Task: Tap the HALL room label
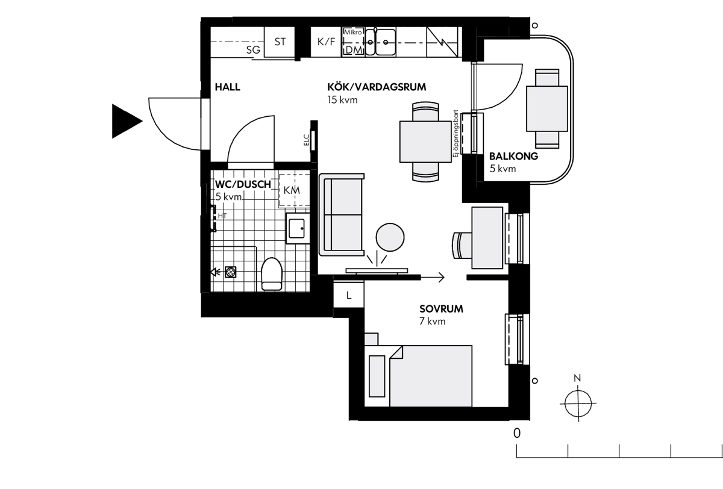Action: (x=228, y=87)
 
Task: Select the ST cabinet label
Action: (x=280, y=42)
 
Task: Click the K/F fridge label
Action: (x=327, y=42)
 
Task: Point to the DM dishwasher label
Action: (x=354, y=50)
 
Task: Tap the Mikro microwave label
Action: (x=353, y=33)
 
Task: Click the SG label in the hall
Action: (x=253, y=49)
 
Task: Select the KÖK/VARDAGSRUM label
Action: (x=377, y=87)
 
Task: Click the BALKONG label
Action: (x=513, y=157)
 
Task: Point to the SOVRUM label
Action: (x=441, y=309)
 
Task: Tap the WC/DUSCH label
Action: (x=243, y=184)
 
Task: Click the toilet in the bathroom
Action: (x=272, y=274)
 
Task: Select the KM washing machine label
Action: (x=292, y=190)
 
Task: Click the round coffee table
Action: (x=390, y=237)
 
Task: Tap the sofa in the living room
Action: (x=342, y=214)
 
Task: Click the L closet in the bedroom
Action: (x=349, y=295)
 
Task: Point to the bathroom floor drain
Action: (x=230, y=272)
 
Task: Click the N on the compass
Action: (x=577, y=378)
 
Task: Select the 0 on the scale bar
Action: (x=517, y=433)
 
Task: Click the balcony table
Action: (x=547, y=109)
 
